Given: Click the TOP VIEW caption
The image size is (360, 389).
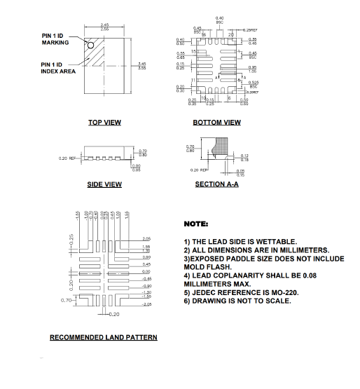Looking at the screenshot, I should pyautogui.click(x=104, y=123).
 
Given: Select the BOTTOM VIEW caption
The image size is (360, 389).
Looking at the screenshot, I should pyautogui.click(x=217, y=123).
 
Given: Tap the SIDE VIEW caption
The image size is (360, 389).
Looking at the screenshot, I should pyautogui.click(x=104, y=184).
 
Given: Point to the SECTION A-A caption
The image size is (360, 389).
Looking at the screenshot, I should pyautogui.click(x=217, y=184).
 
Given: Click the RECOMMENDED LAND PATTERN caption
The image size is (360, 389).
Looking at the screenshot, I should pyautogui.click(x=103, y=337).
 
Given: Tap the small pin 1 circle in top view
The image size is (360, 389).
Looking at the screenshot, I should pyautogui.click(x=90, y=43).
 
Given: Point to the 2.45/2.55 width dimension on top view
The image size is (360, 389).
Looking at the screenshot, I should pyautogui.click(x=105, y=26).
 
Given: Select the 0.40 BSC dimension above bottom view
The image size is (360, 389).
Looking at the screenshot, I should pyautogui.click(x=219, y=20).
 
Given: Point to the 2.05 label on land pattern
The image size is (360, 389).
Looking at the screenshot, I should pyautogui.click(x=146, y=239).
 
